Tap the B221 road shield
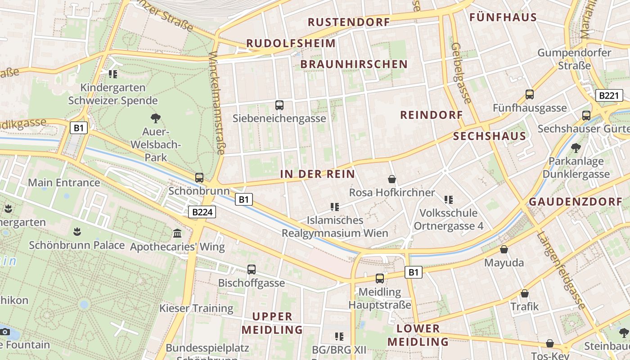(609, 95)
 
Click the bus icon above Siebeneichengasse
(279, 105)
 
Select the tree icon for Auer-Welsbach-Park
(156, 118)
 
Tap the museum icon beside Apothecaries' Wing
(177, 233)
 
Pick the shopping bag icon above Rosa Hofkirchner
(392, 179)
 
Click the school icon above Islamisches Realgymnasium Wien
(334, 207)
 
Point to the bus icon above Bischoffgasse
(252, 269)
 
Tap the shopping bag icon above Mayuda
(504, 249)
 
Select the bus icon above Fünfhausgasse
(530, 94)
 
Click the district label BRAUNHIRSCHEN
(354, 64)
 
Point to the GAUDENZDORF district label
(579, 202)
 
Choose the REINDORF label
(432, 115)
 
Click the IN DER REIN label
(318, 174)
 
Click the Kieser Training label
(196, 309)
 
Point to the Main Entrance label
(64, 183)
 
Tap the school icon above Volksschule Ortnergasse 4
(448, 199)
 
